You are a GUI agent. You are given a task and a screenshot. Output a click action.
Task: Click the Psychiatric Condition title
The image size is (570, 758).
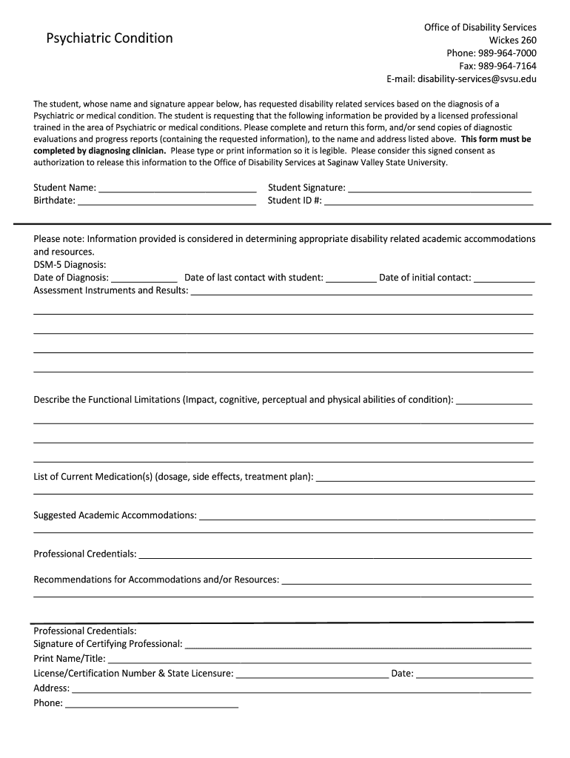(x=110, y=38)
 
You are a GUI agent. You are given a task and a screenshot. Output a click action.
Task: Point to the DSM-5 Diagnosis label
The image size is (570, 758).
(x=70, y=264)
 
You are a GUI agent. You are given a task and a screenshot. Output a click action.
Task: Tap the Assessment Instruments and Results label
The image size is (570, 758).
(x=111, y=290)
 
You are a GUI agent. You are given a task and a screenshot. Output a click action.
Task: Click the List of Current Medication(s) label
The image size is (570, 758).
(x=173, y=476)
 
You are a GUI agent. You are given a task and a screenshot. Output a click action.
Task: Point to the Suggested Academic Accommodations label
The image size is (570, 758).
(x=115, y=514)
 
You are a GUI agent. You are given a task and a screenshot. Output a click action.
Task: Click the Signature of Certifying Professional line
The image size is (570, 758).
(x=358, y=645)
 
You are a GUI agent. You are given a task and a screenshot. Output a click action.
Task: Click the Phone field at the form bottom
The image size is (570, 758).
(x=152, y=704)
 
